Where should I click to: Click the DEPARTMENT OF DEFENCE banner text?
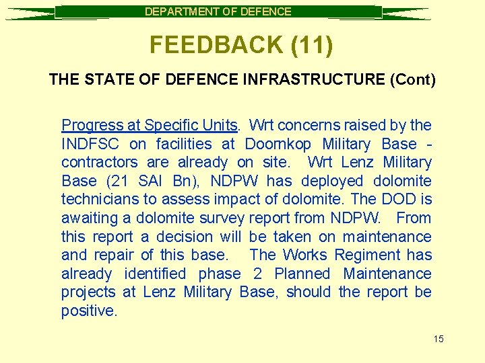pos(218,11)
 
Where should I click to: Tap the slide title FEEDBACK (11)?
pos(241,45)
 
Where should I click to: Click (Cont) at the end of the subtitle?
pos(413,80)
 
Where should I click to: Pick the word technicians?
pos(101,200)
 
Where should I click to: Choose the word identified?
pos(155,274)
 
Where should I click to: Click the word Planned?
pos(302,274)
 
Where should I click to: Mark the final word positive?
pos(89,311)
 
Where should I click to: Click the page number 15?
pos(438,339)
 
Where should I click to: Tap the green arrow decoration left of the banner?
pos(30,12)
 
